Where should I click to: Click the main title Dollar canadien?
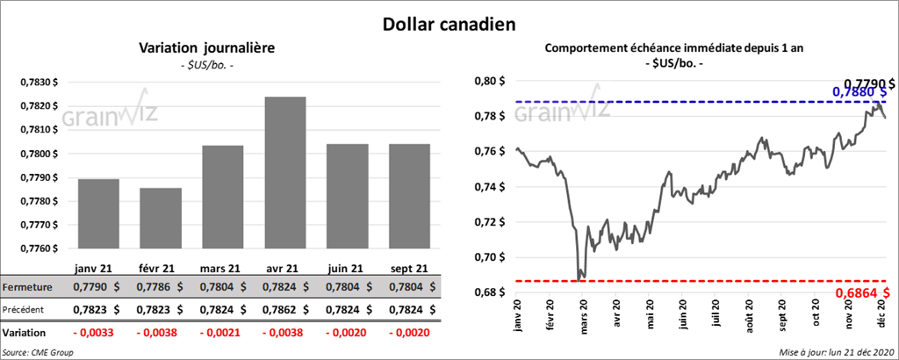[x=449, y=23]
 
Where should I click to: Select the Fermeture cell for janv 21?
[x=98, y=287]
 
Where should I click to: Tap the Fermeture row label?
[x=27, y=287]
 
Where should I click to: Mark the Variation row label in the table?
[x=25, y=334]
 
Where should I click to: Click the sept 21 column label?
[x=409, y=268]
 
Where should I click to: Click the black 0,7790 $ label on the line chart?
[x=865, y=83]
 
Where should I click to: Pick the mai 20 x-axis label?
[x=651, y=315]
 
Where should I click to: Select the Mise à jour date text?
[x=834, y=352]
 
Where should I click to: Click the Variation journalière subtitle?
[x=207, y=48]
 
